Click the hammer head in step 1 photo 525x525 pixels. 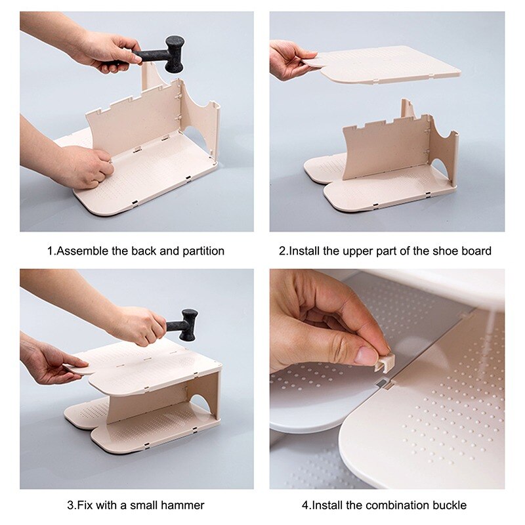tap(175, 53)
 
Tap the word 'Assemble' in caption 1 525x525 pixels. tap(81, 251)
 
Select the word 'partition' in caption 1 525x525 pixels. tap(203, 251)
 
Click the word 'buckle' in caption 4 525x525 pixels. tap(450, 505)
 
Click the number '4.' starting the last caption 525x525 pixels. tap(306, 505)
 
